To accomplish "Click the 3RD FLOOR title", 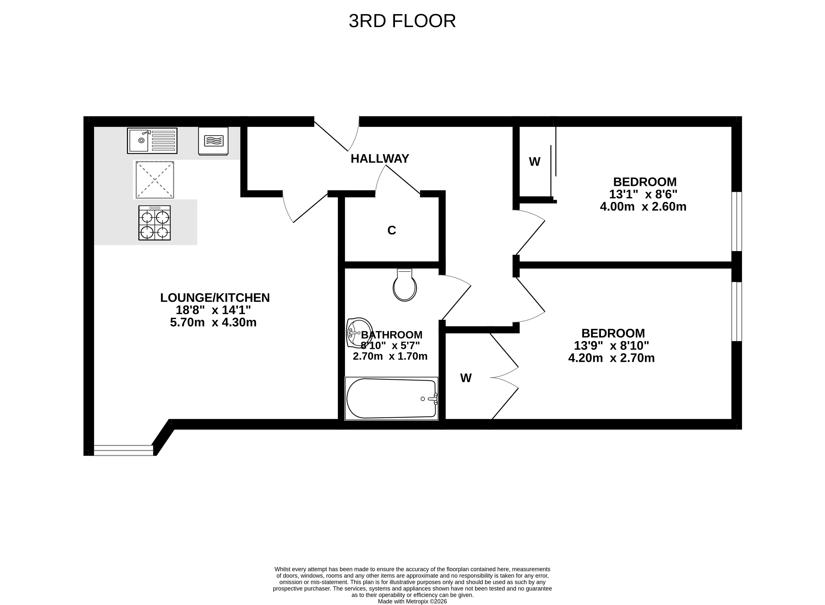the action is coord(402,21).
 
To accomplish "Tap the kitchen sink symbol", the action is coord(152,141).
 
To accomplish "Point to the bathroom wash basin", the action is coord(359,333).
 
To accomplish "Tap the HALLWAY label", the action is coord(380,159).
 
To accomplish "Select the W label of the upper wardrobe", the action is coord(534,161).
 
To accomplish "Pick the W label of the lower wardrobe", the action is coord(466,378).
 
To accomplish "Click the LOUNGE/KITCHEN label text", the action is coord(215,298).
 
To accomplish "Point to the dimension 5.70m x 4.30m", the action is coord(213,322).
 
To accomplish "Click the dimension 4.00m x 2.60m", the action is coord(643,207).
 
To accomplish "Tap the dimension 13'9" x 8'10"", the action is coord(611,345).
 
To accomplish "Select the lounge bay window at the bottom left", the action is coord(123,450).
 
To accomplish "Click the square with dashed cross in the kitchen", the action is coord(155,180).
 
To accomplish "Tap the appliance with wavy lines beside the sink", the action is coord(213,141).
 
